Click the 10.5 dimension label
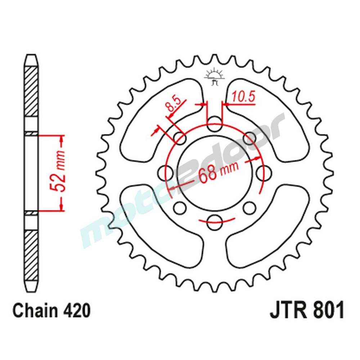[243, 97]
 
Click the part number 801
[326, 310]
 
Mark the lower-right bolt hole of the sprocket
[249, 208]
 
